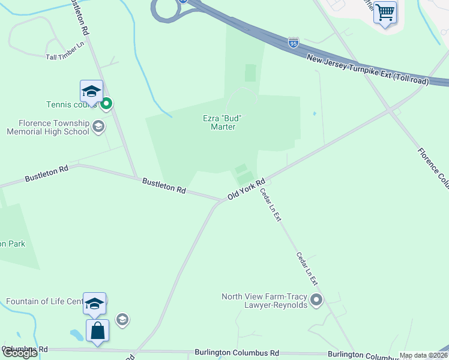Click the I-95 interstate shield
point(293,43)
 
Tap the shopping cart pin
point(385,13)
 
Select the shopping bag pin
point(97,331)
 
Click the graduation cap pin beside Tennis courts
point(91,92)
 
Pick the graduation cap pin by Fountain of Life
point(95,304)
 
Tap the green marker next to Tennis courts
point(106,104)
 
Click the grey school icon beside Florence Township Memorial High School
point(99,127)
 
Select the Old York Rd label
point(246,190)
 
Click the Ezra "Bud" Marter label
point(223,122)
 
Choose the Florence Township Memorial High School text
point(48,127)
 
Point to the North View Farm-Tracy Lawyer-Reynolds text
point(265,301)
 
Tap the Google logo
point(20,353)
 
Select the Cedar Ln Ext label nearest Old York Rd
point(270,205)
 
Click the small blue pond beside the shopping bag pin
point(77,334)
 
